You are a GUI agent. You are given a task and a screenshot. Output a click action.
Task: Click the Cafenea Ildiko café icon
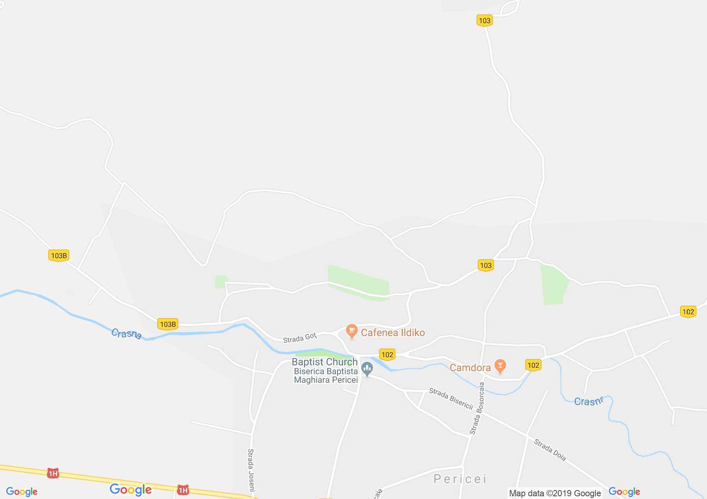coord(352,332)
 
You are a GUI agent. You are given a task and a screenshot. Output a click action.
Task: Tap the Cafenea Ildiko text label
coord(392,333)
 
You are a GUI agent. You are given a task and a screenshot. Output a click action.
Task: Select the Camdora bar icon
coord(500,366)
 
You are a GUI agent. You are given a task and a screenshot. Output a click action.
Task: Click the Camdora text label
coord(470,368)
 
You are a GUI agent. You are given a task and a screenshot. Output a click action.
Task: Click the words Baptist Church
coord(324,362)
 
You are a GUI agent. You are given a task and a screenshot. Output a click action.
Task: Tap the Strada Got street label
coord(299,338)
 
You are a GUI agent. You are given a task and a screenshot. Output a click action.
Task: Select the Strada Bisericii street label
coord(451,399)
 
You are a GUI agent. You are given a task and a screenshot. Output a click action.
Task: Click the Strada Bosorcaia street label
coord(477,408)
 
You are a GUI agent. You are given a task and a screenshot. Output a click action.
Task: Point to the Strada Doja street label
coord(549,450)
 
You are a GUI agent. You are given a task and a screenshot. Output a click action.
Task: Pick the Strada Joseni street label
coord(251,470)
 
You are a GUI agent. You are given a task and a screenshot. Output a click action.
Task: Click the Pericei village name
coord(460,479)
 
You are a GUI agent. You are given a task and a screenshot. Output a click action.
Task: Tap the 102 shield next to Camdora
coord(533,365)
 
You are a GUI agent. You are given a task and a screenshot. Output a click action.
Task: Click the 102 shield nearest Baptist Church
coord(387,354)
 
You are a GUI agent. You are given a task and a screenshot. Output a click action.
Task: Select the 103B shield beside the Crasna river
coord(168,324)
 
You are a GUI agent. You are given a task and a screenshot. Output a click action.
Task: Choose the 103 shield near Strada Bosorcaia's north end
coord(485,265)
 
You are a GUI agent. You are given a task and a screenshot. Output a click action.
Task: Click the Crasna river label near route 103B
coord(126,334)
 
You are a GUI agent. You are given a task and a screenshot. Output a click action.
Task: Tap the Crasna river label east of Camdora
coord(589,401)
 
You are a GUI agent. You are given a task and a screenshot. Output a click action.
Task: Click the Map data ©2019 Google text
coord(555,494)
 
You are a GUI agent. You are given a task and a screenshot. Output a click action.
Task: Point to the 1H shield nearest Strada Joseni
coord(183,490)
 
